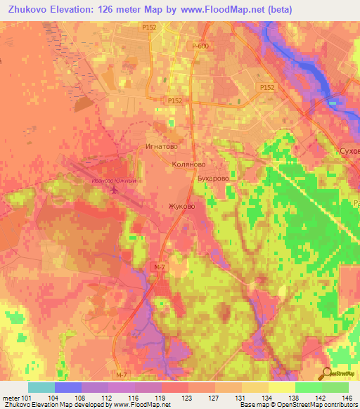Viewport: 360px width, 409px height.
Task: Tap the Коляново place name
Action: tap(188, 163)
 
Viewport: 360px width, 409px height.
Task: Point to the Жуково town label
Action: tap(181, 207)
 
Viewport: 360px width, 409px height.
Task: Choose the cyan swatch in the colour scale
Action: tap(41, 387)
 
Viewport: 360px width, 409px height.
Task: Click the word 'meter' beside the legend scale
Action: tap(11, 397)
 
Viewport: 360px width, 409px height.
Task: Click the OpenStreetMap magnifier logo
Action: tap(328, 372)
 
